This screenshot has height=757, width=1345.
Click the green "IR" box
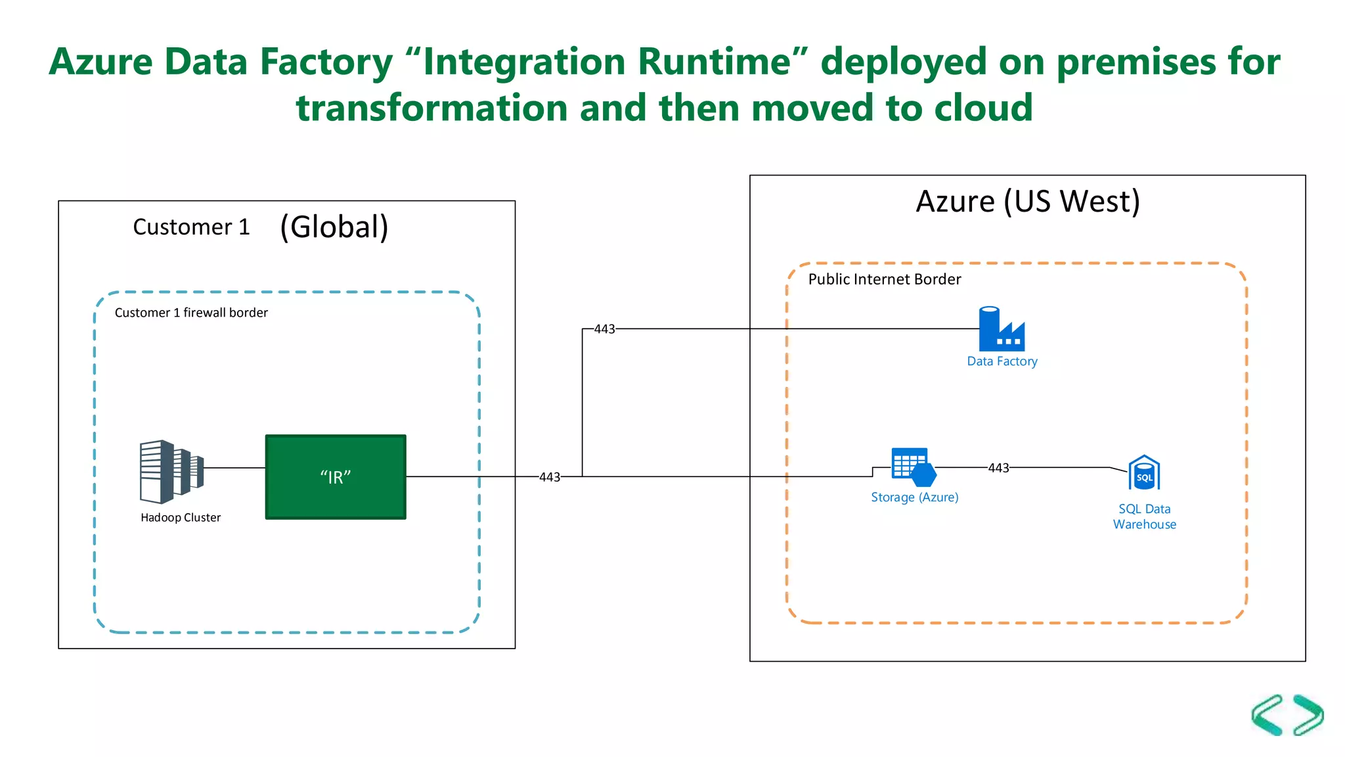click(x=336, y=477)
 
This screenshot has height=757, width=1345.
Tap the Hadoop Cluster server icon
click(x=170, y=472)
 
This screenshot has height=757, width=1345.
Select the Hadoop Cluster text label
click(x=181, y=518)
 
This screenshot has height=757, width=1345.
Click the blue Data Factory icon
click(x=1001, y=329)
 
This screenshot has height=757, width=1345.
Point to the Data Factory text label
click(x=1002, y=361)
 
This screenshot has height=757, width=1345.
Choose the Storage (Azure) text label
click(x=914, y=497)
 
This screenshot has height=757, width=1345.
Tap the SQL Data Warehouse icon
click(x=1144, y=473)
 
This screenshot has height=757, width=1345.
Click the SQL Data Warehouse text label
click(x=1144, y=516)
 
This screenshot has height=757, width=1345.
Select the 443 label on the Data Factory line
click(x=604, y=329)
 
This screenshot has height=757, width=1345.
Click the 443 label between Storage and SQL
click(x=998, y=468)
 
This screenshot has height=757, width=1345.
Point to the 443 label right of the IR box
click(x=550, y=477)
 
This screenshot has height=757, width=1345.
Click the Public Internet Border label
click(x=884, y=279)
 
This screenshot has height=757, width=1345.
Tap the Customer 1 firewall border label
click(x=191, y=313)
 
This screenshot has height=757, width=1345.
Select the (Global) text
click(x=334, y=227)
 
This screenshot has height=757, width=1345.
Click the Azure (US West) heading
click(x=1027, y=202)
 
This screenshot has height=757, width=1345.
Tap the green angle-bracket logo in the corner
click(x=1287, y=715)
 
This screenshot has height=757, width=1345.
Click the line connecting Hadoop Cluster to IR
click(x=234, y=468)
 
